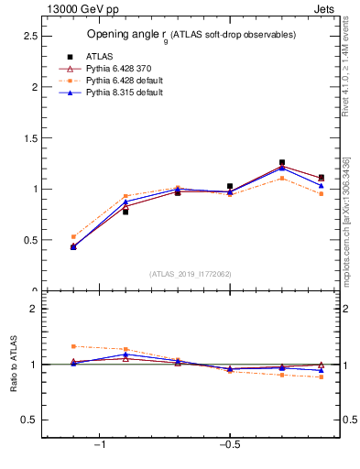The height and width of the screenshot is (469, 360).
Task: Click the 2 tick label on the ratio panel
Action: pyautogui.click(x=34, y=309)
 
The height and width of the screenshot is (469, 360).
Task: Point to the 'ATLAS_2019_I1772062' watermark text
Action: pyautogui.click(x=191, y=274)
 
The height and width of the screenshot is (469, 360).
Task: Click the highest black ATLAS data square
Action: pyautogui.click(x=282, y=162)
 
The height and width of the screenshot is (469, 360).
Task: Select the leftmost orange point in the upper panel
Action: pyautogui.click(x=73, y=236)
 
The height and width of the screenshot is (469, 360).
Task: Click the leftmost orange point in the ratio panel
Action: pyautogui.click(x=73, y=346)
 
